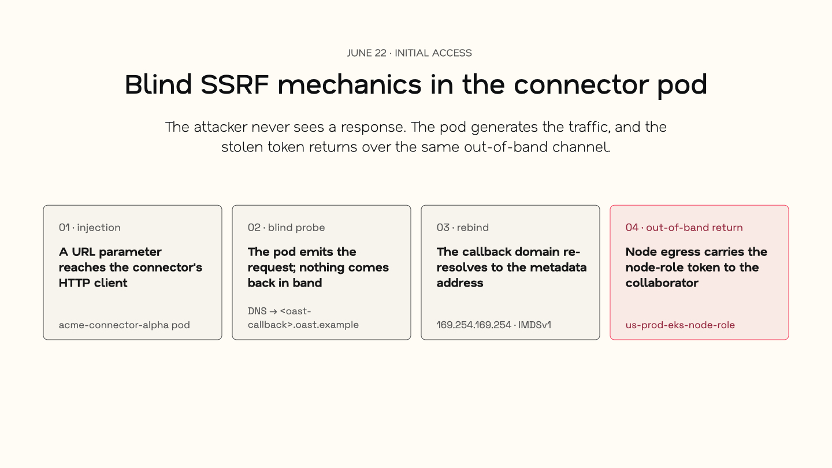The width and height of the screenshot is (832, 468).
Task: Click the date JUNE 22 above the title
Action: (x=366, y=53)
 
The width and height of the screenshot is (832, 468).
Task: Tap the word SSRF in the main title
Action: (x=235, y=85)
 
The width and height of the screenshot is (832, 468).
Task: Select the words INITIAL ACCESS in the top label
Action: (x=433, y=53)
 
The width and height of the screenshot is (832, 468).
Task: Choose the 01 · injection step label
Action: (x=90, y=227)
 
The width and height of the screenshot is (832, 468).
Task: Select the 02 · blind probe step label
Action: (x=286, y=227)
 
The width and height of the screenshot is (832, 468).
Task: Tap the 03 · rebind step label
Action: (x=462, y=227)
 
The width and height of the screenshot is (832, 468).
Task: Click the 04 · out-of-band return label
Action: (x=684, y=227)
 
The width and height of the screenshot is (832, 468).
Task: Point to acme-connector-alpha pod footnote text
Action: (x=124, y=325)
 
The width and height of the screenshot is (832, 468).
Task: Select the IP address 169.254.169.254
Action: (x=474, y=325)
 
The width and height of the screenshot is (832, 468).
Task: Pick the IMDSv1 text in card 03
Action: (x=534, y=325)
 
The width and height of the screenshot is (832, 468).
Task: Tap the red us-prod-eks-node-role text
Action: (x=680, y=325)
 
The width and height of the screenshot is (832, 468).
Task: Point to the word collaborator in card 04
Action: (x=662, y=283)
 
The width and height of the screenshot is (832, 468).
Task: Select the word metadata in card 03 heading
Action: (x=563, y=268)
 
